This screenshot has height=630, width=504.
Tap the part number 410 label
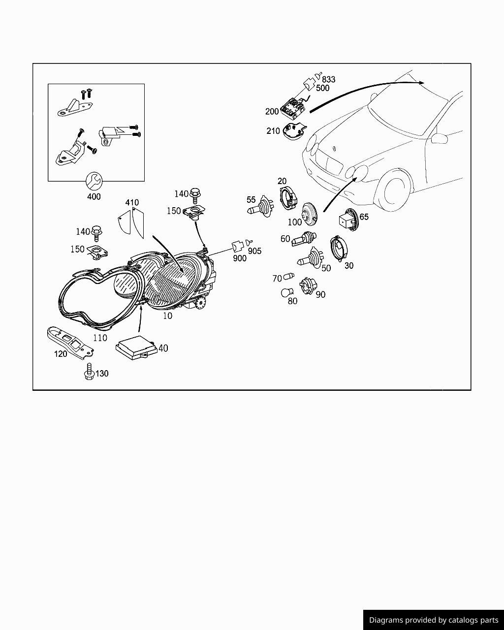(132, 202)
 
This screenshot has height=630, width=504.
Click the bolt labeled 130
(89, 372)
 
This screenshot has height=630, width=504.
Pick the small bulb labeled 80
(286, 292)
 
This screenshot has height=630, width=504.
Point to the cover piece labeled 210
(295, 131)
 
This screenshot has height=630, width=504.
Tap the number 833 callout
(329, 79)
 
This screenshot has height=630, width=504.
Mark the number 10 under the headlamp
(167, 316)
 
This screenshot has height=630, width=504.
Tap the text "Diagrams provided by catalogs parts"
(434, 620)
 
